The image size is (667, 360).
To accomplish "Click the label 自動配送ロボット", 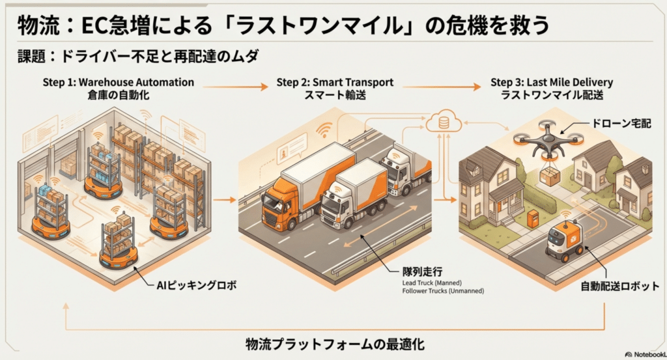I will tap(621, 286).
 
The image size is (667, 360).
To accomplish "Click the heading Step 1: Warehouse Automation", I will tap(118, 83).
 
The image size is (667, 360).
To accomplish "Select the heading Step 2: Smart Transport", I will tap(335, 83).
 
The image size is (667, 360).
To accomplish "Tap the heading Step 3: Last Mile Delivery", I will tap(552, 83).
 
